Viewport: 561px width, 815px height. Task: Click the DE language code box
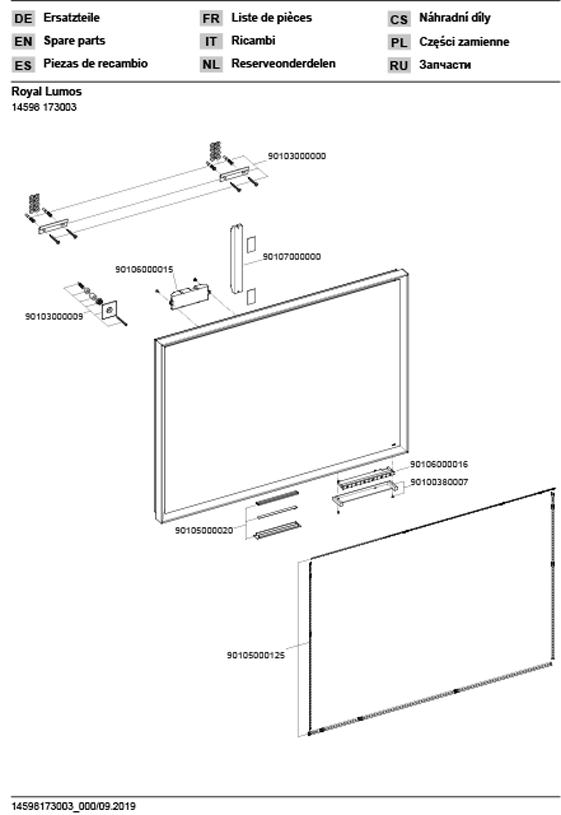pyautogui.click(x=23, y=18)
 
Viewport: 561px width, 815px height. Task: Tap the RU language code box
pyautogui.click(x=399, y=65)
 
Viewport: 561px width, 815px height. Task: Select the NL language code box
pyautogui.click(x=211, y=64)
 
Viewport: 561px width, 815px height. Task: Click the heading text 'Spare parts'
pyautogui.click(x=74, y=41)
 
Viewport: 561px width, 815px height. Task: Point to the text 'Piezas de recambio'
pyautogui.click(x=95, y=64)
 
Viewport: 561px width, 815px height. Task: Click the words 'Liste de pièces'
pyautogui.click(x=271, y=18)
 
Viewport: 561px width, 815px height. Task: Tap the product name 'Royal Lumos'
pyautogui.click(x=46, y=92)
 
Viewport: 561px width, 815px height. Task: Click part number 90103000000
pyautogui.click(x=297, y=156)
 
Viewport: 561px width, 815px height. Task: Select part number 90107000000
pyautogui.click(x=291, y=257)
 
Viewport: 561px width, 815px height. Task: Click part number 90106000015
pyautogui.click(x=144, y=269)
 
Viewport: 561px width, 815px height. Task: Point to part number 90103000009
pyautogui.click(x=54, y=316)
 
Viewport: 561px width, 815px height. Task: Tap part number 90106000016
pyautogui.click(x=439, y=464)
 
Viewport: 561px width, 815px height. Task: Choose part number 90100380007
pyautogui.click(x=439, y=482)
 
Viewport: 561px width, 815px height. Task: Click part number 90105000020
pyautogui.click(x=204, y=531)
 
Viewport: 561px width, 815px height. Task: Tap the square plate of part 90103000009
pyautogui.click(x=109, y=310)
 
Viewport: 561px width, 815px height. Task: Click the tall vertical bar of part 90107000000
pyautogui.click(x=237, y=259)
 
